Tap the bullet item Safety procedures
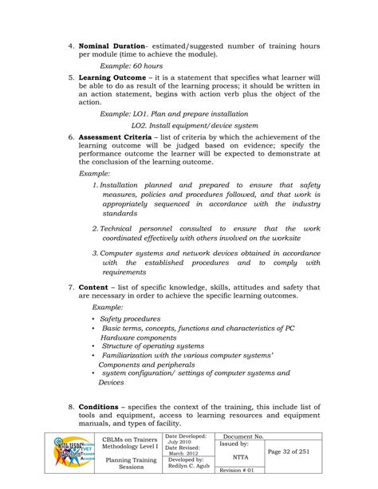pos(131,317)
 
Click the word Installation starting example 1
pos(124,185)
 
